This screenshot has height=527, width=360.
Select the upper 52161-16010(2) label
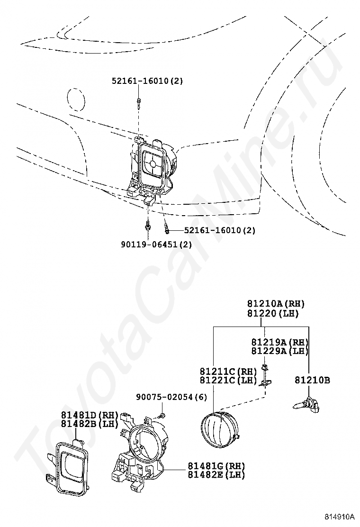pyautogui.click(x=147, y=81)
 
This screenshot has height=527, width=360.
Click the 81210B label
pyautogui.click(x=312, y=380)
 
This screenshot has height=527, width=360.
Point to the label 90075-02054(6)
pyautogui.click(x=165, y=397)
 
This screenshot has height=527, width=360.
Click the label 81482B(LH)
pyautogui.click(x=89, y=424)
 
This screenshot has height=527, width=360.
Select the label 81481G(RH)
pyautogui.click(x=216, y=466)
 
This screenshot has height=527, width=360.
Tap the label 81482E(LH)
pyautogui.click(x=216, y=475)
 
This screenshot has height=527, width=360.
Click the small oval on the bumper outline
pyautogui.click(x=76, y=100)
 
